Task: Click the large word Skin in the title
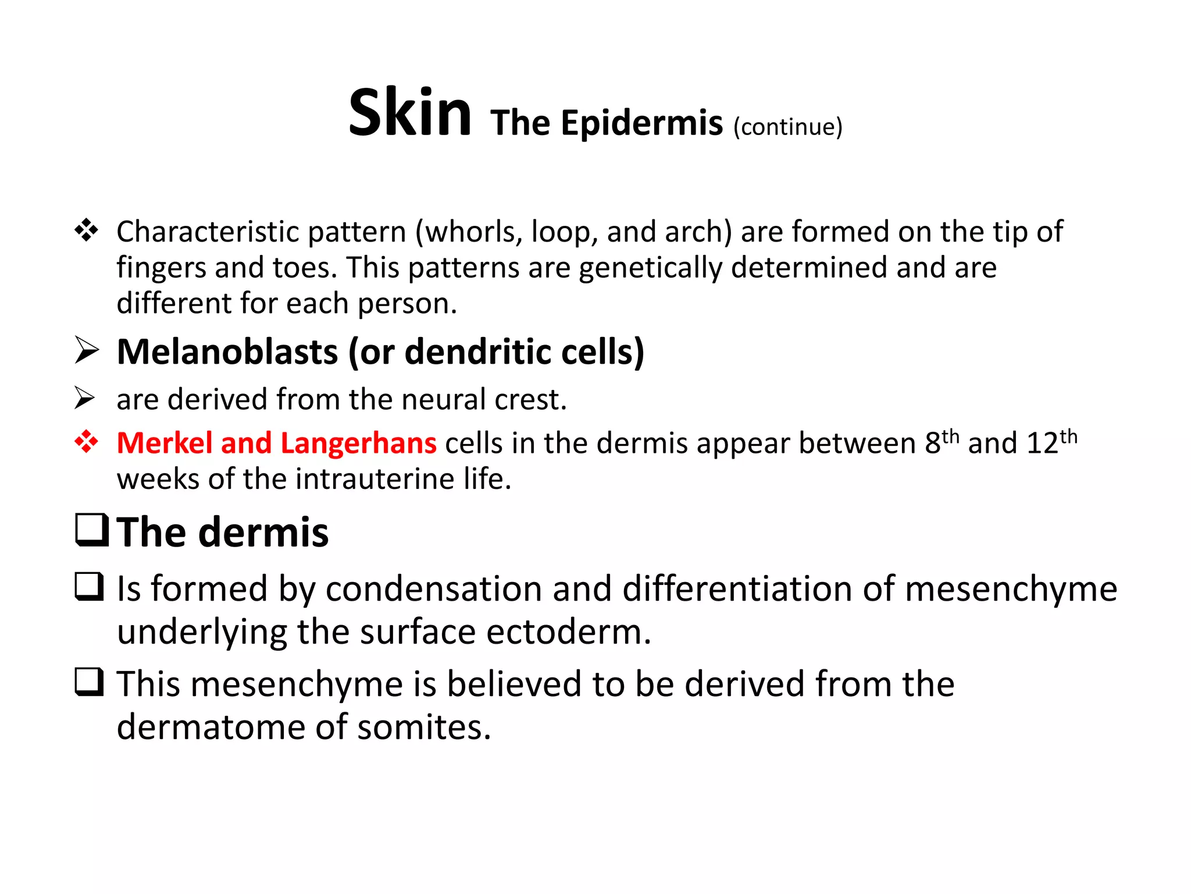409,113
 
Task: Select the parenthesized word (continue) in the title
787,127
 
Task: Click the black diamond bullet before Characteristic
86,230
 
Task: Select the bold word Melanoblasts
227,352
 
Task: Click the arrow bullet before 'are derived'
85,399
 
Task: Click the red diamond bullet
86,442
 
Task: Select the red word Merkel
165,443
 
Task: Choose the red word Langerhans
358,443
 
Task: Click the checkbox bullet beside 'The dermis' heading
92,530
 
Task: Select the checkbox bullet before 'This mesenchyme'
90,682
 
